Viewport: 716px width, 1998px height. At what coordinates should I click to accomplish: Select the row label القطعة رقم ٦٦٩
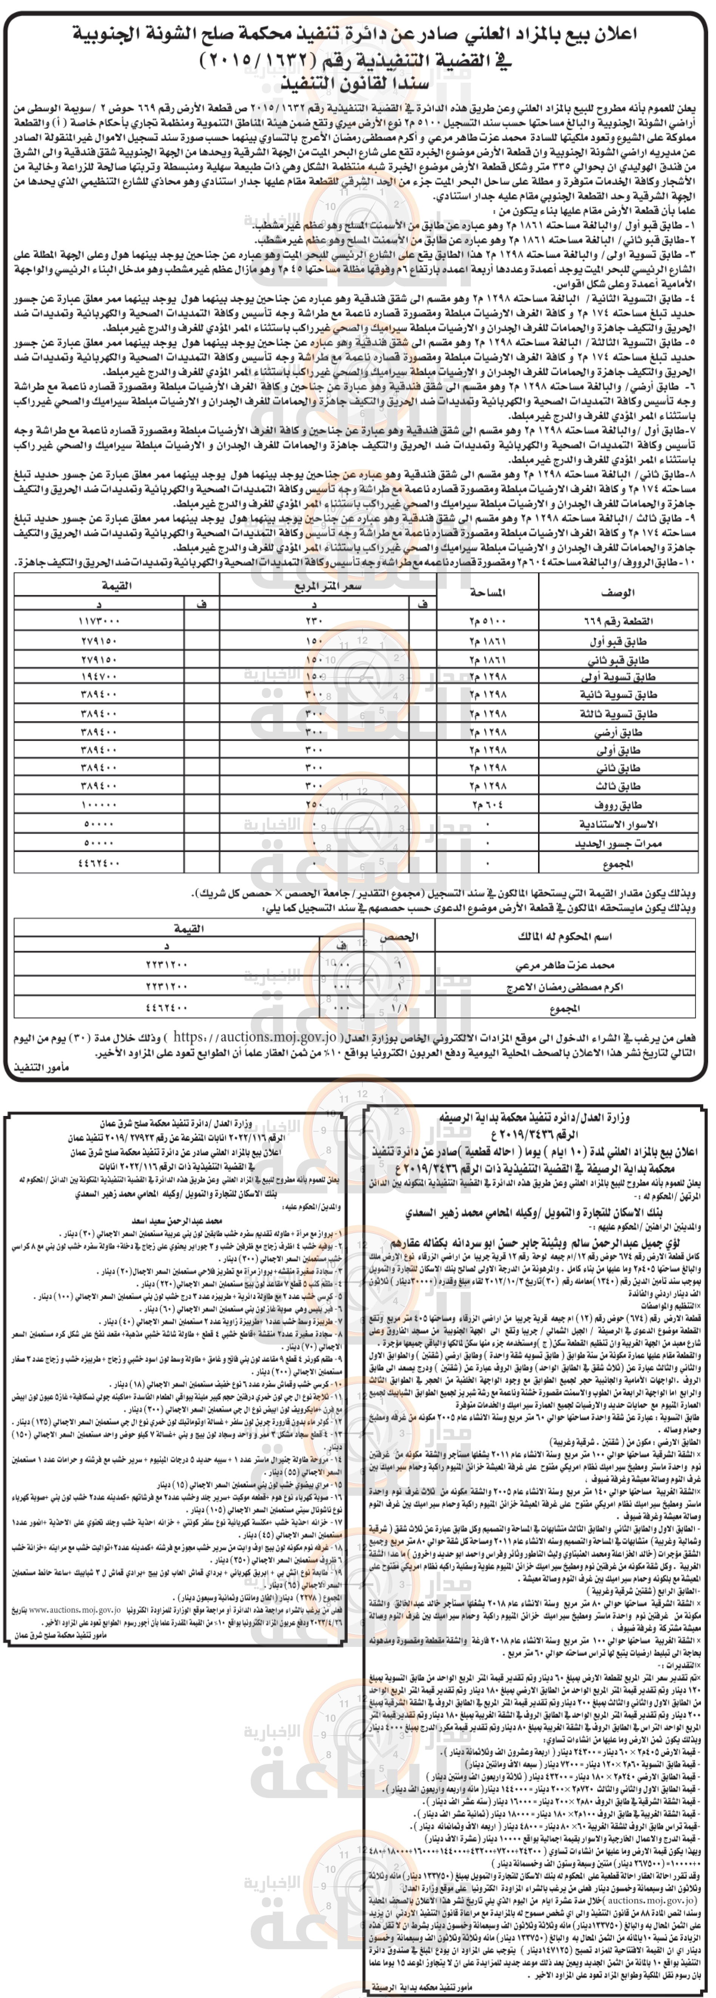coord(617,621)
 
